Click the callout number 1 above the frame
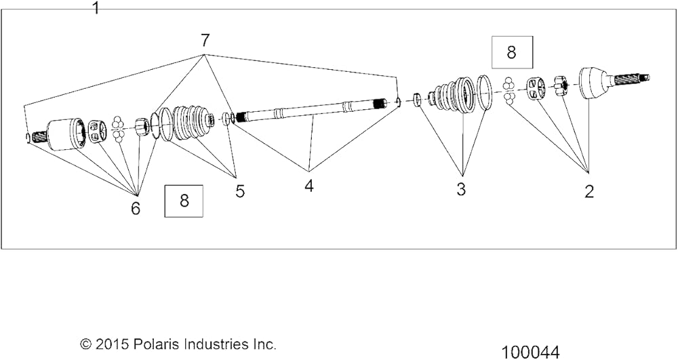[96, 7]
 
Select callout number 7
[205, 41]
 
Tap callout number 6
[136, 208]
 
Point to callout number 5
[240, 191]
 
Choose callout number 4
[308, 186]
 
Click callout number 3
[461, 189]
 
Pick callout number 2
[589, 191]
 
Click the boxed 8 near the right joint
[512, 52]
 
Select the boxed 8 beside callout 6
[184, 201]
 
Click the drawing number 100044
[531, 352]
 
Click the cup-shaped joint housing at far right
[595, 83]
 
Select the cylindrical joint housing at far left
[65, 134]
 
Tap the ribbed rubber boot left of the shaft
[193, 122]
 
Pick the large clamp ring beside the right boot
[484, 93]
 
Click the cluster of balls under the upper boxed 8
[509, 92]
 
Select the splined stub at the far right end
[630, 79]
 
